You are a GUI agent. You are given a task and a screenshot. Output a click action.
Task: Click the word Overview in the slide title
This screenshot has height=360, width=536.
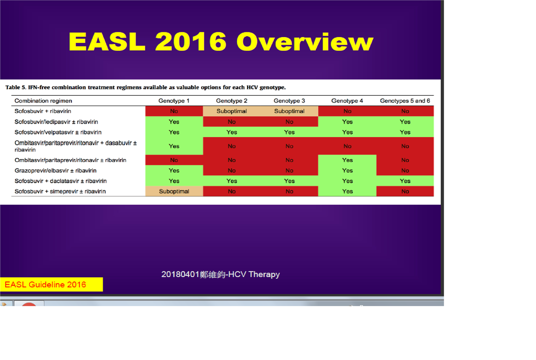point(305,42)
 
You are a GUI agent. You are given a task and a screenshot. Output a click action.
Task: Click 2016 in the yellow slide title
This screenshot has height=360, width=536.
point(191,42)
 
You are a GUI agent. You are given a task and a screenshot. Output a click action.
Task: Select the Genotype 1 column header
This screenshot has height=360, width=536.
point(174,101)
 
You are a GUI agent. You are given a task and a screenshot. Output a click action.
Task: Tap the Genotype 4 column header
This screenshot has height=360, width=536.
point(347,101)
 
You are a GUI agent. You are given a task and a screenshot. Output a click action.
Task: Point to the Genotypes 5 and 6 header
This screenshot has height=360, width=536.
point(405,101)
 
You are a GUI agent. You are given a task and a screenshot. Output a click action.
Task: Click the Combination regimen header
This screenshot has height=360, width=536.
point(43,101)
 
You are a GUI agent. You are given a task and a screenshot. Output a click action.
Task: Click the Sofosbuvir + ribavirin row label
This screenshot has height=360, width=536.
point(43,111)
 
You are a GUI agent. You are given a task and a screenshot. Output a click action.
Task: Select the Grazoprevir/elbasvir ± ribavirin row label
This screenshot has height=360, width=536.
point(55,171)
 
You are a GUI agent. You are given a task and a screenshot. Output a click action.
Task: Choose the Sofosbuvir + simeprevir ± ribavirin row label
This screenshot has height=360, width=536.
point(60,192)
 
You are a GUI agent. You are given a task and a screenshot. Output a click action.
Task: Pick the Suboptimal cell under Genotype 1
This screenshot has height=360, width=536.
point(174,192)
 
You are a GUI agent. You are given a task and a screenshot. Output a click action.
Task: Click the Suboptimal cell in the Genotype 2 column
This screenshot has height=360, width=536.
point(232,111)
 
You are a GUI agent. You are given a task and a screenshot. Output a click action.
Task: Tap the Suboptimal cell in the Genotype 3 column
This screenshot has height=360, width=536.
point(289,111)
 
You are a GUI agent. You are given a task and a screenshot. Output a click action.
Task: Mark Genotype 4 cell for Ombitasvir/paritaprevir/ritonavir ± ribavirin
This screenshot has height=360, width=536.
point(348,160)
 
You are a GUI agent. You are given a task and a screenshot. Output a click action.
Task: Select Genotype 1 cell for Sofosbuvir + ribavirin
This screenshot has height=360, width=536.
point(174,111)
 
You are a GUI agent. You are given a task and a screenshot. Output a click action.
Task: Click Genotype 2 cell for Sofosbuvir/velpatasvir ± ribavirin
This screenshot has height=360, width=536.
point(232,132)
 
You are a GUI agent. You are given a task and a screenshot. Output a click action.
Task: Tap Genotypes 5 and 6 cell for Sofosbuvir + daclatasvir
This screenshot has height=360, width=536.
point(405,181)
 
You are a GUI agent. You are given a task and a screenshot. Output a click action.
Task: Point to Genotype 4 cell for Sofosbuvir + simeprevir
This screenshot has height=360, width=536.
point(348,192)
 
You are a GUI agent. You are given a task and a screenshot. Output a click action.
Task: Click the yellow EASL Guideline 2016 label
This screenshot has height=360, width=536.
point(51,285)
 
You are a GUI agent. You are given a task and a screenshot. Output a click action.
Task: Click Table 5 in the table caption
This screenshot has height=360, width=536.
point(15,87)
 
